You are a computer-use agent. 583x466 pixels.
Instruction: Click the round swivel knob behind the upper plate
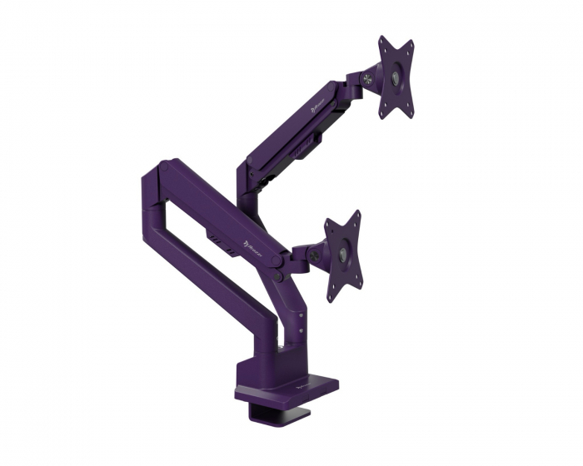point(366,81)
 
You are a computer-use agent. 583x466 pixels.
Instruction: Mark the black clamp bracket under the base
point(275,411)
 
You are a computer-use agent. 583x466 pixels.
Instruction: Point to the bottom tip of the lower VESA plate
point(332,299)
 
